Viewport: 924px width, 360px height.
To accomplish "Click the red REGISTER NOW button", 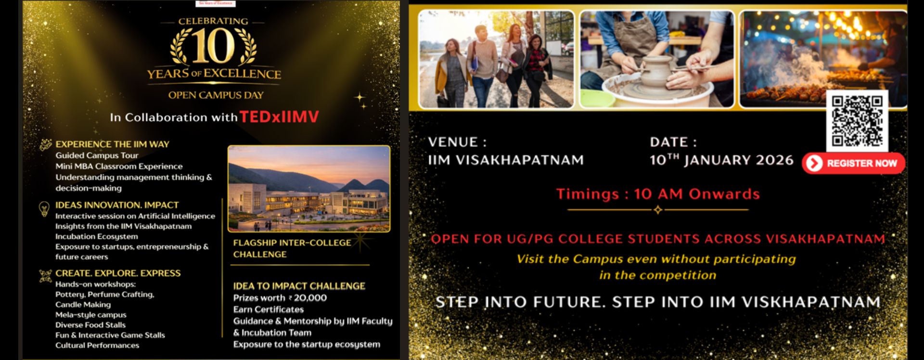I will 853,163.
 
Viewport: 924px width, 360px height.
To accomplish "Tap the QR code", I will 857,121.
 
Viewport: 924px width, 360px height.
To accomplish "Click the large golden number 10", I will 214,47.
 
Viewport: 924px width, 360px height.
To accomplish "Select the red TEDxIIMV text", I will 279,117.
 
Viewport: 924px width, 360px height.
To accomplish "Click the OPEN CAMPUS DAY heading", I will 216,95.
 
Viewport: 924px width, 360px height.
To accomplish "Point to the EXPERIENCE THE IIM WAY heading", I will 112,144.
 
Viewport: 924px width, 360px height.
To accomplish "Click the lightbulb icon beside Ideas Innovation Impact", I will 44,208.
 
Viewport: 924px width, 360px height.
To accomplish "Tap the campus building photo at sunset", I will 308,189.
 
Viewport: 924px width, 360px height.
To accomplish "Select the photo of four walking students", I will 496,59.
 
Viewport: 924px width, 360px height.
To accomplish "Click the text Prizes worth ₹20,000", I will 280,298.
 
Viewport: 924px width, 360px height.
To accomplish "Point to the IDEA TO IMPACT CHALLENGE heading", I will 299,286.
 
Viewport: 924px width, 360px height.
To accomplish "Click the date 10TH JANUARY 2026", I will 721,160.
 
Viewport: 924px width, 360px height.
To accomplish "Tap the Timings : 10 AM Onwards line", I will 657,194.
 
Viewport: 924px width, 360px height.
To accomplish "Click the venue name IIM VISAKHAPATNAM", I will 505,160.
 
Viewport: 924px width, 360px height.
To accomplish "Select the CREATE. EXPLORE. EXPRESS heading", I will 118,273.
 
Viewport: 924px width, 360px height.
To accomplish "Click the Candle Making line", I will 83,305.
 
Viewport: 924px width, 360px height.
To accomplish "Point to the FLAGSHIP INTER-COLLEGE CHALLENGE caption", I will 292,248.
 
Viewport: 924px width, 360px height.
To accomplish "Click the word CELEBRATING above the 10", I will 213,21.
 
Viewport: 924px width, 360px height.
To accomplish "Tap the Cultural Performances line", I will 97,345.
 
